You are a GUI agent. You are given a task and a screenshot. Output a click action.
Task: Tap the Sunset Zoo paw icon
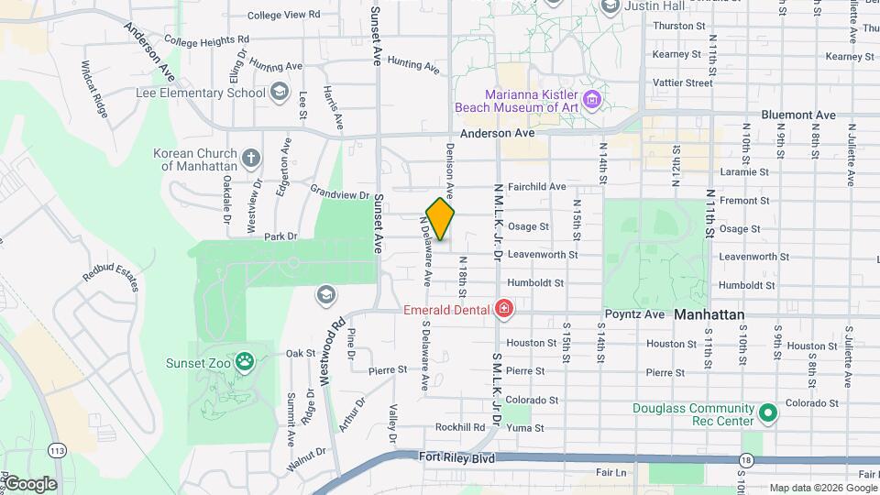[x=244, y=360]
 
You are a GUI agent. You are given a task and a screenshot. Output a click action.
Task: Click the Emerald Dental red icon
[x=503, y=309]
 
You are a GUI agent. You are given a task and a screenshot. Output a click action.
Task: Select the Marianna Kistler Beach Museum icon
[x=592, y=98]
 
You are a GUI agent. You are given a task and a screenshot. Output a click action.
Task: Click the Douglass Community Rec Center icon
[x=768, y=414]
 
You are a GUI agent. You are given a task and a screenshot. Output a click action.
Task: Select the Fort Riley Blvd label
[x=457, y=456]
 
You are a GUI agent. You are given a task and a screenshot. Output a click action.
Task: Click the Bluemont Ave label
[x=798, y=115]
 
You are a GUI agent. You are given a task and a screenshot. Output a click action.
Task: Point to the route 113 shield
[x=58, y=450]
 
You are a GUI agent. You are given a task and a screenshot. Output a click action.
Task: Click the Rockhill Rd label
[x=459, y=427]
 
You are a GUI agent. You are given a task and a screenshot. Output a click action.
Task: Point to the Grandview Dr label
[x=339, y=194]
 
